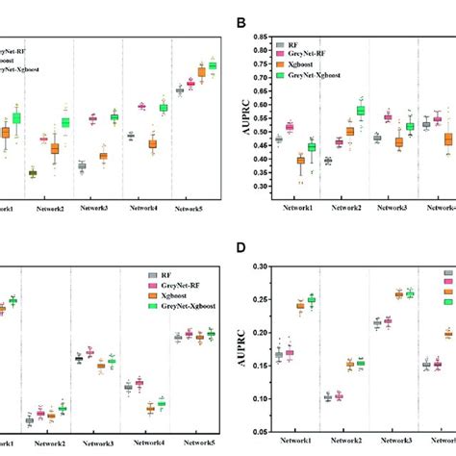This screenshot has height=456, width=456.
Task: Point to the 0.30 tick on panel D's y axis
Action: [257, 266]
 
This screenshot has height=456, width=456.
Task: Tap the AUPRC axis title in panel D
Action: [234, 343]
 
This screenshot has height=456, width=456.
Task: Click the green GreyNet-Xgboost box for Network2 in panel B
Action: [362, 111]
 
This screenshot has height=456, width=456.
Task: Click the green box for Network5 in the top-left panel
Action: [213, 65]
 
